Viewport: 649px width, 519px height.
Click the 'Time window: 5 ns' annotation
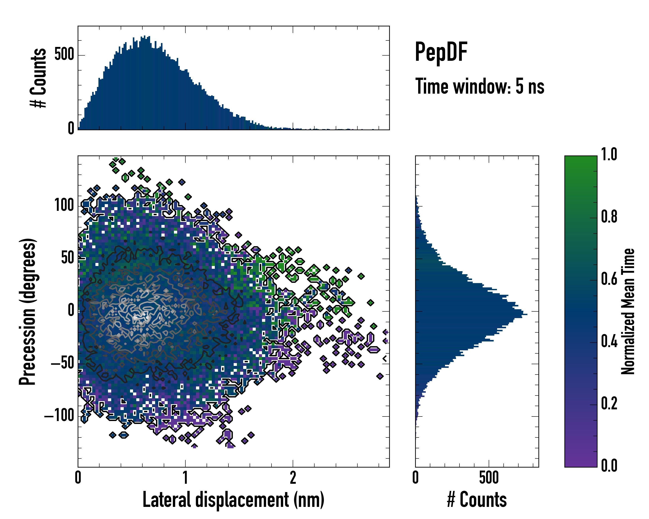(480, 86)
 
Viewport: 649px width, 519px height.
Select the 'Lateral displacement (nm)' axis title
(233, 500)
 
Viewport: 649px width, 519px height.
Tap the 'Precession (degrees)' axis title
(28, 311)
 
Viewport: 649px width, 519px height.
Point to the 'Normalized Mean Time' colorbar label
(628, 311)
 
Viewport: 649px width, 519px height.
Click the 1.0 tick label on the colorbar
(609, 155)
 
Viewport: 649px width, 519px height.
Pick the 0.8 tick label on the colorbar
(609, 217)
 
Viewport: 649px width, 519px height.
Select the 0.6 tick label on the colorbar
(609, 279)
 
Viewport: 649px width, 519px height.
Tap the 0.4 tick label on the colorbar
(609, 341)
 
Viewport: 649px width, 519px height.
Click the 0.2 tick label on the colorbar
(609, 404)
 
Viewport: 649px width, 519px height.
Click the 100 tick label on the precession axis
(64, 206)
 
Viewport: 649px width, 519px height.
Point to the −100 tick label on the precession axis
(59, 416)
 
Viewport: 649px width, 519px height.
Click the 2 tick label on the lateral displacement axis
(293, 478)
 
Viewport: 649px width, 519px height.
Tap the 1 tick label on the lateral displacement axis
(185, 478)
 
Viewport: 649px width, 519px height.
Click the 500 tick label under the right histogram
(489, 478)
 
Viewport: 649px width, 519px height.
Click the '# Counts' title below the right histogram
(477, 500)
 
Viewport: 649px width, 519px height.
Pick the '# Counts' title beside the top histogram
(39, 78)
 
